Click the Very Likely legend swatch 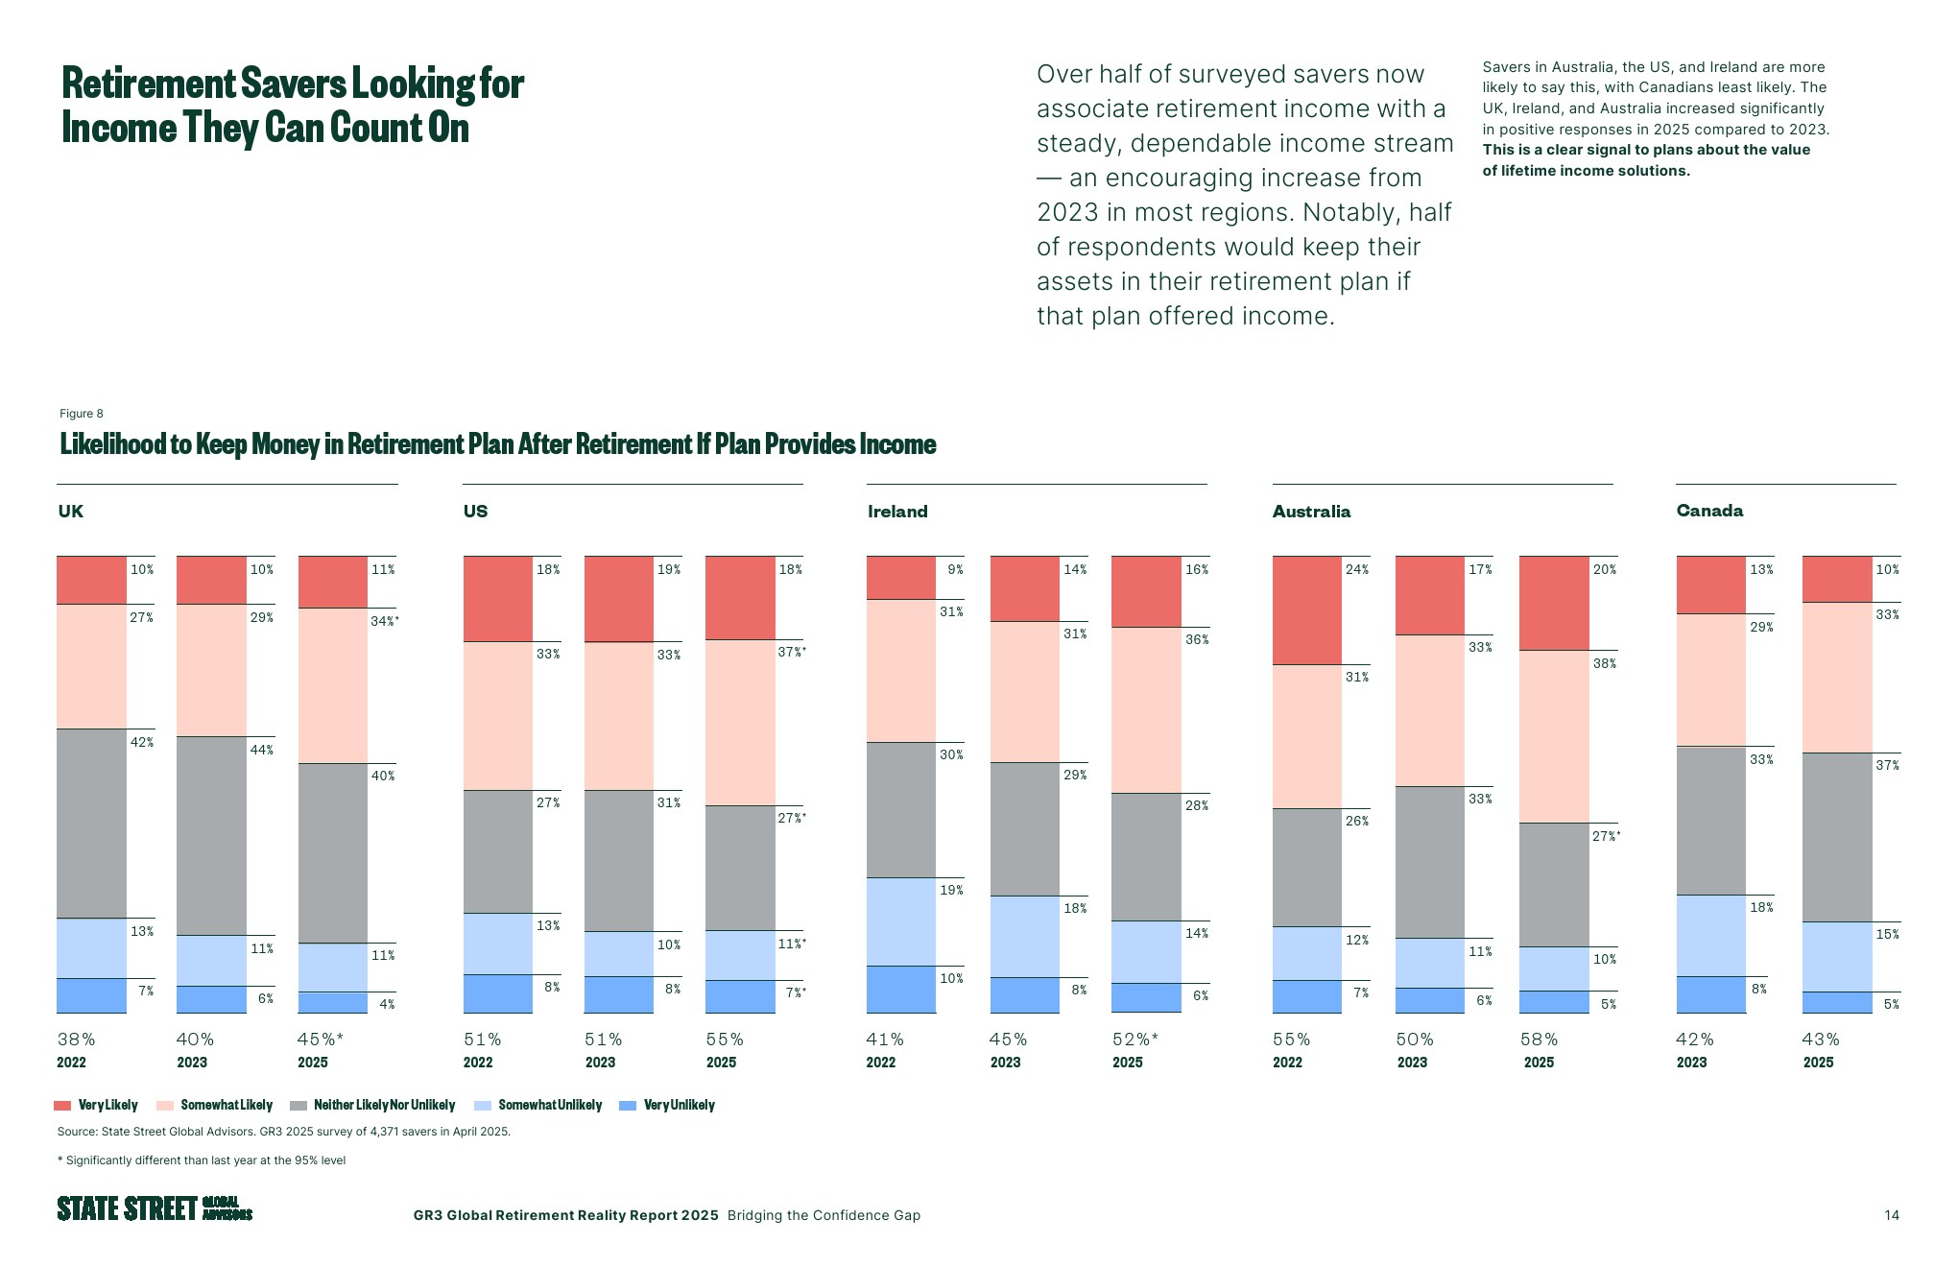coord(62,1106)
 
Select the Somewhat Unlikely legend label coord(550,1106)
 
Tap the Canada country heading coord(1709,511)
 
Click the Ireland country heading coord(897,512)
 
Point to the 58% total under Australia coord(1539,1040)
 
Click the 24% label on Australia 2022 coord(1356,569)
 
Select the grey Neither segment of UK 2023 coord(211,835)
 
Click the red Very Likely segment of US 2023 coord(618,599)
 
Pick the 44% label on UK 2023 coord(261,750)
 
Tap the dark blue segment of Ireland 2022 coord(900,989)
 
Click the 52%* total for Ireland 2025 coord(1135,1040)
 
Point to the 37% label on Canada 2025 coord(1887,765)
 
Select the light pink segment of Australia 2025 coord(1554,736)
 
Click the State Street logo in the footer coord(155,1208)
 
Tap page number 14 coord(1891,1215)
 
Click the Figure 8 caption coord(82,414)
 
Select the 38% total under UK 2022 coord(77,1040)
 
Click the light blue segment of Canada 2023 coord(1710,936)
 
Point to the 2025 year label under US coord(721,1063)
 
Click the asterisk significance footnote coord(202,1160)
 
